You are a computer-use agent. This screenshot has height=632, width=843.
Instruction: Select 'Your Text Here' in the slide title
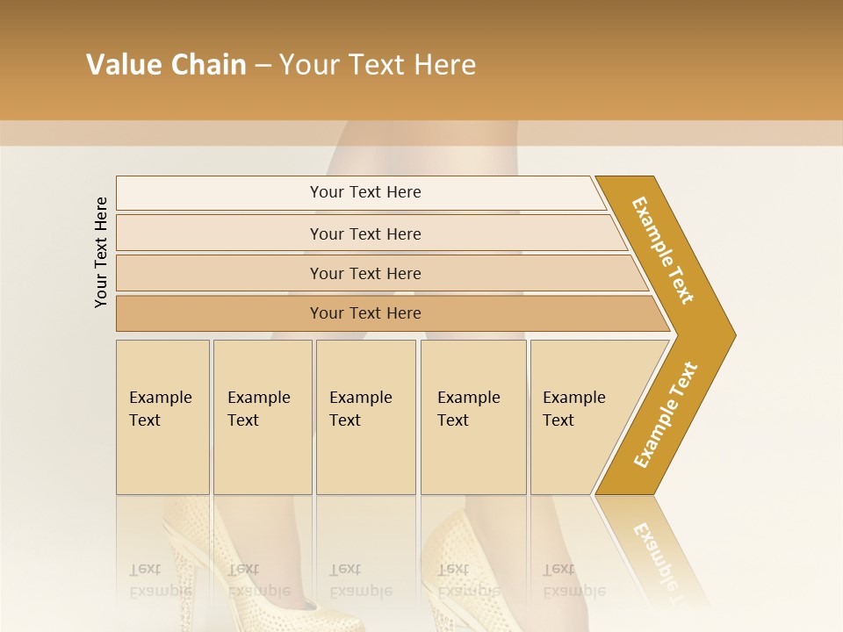tap(378, 65)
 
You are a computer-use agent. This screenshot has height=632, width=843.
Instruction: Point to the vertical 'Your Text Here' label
tap(101, 252)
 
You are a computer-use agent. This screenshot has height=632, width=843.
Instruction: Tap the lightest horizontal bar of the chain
tap(365, 192)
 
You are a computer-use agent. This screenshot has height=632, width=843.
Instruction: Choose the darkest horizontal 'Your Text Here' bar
tap(365, 313)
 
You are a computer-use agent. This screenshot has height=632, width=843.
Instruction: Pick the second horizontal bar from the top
tap(365, 233)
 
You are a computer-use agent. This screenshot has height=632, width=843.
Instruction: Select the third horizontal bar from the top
tap(365, 273)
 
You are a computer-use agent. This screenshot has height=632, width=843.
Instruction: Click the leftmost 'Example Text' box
tap(162, 417)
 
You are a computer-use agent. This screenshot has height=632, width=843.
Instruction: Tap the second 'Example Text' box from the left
tap(262, 417)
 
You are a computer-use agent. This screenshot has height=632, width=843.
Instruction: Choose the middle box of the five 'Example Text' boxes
tap(365, 417)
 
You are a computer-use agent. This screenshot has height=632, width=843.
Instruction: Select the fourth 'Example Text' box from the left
tap(472, 417)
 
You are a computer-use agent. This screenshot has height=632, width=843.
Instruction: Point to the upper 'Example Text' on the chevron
tap(663, 251)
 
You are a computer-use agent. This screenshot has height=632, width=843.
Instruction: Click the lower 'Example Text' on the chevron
tap(666, 415)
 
